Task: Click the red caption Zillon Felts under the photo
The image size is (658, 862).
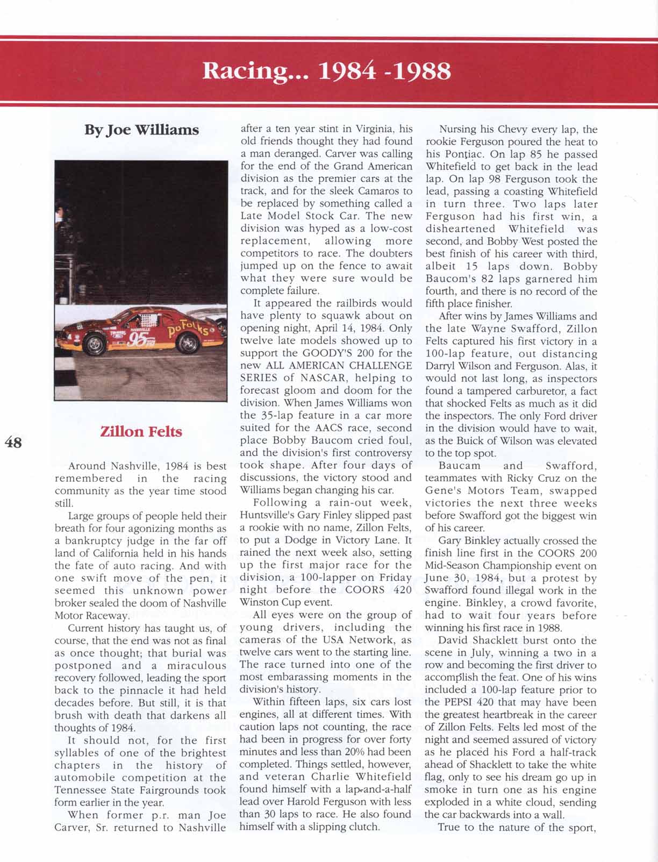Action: [141, 432]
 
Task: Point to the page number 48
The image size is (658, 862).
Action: [13, 442]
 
